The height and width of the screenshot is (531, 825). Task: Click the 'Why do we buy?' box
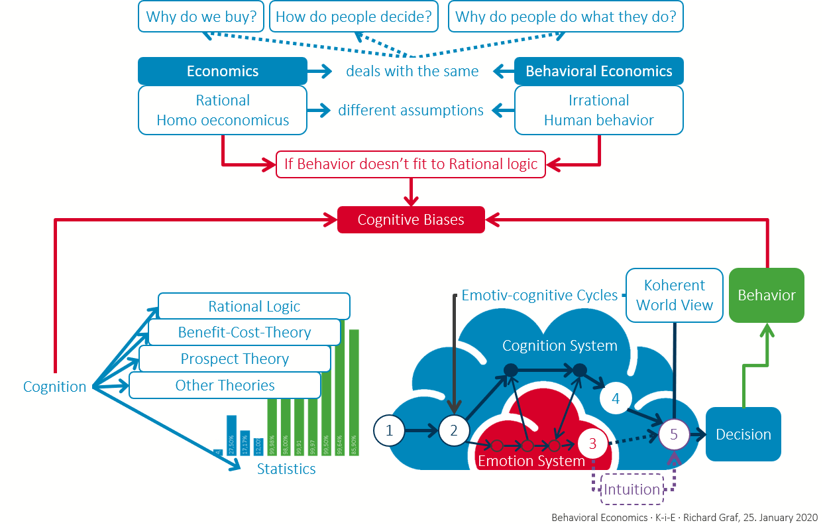201,17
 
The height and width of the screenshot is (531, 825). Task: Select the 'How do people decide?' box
354,17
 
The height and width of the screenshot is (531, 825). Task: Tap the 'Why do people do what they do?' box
565,17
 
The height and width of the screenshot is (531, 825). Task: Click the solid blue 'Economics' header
223,71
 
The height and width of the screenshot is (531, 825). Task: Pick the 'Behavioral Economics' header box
598,71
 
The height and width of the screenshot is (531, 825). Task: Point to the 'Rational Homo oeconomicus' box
223,110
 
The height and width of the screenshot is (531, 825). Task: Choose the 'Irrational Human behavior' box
598,110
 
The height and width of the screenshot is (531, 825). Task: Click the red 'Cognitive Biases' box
411,219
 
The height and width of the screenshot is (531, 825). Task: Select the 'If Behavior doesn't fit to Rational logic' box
411,164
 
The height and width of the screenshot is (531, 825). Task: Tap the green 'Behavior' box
767,295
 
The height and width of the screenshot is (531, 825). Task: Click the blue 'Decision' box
743,434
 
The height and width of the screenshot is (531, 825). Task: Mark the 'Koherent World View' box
675,295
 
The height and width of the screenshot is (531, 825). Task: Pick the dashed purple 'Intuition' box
632,490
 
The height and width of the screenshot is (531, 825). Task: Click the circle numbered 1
389,431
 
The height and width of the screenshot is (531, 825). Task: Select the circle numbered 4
616,399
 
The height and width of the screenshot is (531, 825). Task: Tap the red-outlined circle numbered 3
592,443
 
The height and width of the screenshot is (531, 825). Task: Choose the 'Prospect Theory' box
235,359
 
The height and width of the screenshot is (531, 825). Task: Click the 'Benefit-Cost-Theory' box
244,332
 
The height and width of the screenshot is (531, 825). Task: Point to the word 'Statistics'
286,469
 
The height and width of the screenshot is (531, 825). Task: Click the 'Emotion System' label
531,460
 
